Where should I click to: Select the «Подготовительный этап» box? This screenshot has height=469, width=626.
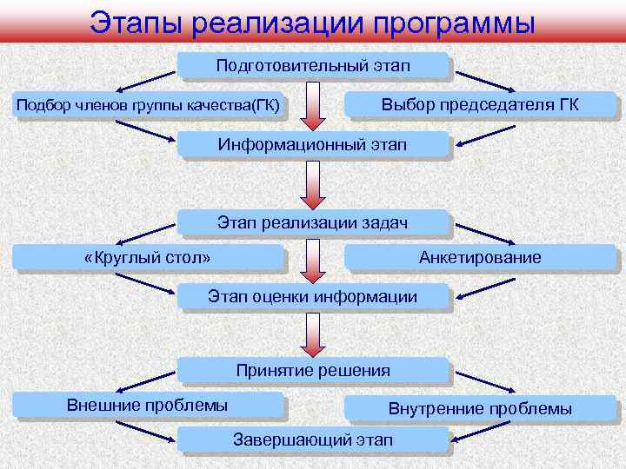click(x=313, y=67)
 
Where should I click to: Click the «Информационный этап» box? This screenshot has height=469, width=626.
click(x=313, y=143)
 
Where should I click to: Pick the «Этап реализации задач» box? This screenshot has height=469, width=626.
click(x=313, y=222)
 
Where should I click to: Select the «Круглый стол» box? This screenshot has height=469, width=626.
click(x=148, y=258)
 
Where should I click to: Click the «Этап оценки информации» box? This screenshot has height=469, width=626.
click(x=313, y=297)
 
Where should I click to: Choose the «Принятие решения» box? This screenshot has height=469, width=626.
click(x=313, y=371)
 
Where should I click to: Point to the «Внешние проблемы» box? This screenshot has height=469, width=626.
click(x=148, y=406)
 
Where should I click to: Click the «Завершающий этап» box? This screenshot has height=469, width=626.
click(x=313, y=439)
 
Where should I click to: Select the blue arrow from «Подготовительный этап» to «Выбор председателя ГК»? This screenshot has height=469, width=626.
click(x=486, y=79)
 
